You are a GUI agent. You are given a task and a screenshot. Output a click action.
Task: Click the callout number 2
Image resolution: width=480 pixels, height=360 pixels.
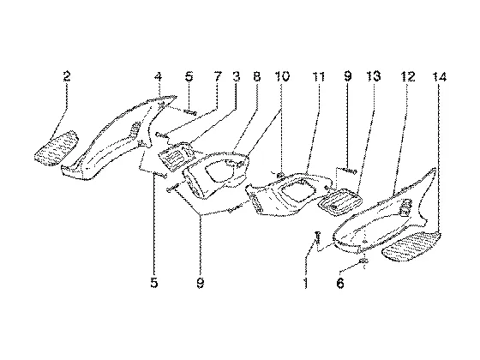(x=67, y=76)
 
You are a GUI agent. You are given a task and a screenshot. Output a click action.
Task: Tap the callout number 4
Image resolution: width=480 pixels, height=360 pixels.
(x=158, y=76)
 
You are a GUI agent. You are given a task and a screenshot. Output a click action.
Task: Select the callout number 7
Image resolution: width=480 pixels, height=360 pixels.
(x=217, y=76)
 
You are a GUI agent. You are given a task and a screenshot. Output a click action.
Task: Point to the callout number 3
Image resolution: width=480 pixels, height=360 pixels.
(x=236, y=76)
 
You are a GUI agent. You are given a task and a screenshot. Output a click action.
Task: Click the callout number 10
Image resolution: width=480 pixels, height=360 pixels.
(x=282, y=76)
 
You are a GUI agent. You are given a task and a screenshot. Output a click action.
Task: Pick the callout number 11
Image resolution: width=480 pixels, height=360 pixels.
(x=319, y=76)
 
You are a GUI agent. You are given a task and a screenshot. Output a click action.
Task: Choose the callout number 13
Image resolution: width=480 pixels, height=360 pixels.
(x=374, y=76)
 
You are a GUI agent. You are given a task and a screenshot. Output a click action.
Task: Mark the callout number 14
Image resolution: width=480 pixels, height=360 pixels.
(x=440, y=76)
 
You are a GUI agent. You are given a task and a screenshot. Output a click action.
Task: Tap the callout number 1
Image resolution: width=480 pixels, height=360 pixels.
(x=305, y=283)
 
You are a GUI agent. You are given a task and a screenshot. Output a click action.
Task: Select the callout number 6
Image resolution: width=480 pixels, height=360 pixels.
(x=340, y=283)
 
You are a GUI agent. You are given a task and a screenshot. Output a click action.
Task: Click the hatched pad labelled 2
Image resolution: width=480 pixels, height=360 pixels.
(x=57, y=148)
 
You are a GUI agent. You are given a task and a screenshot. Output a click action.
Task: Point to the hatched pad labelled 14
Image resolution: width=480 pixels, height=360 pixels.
(x=412, y=247)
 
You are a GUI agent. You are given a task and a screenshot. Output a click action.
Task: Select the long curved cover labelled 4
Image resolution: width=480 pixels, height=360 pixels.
(x=118, y=138)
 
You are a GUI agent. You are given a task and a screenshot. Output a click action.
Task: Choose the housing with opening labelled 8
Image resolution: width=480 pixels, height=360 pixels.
(x=217, y=173)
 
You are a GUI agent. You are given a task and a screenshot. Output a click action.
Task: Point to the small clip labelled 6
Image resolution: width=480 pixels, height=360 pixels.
(x=363, y=261)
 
